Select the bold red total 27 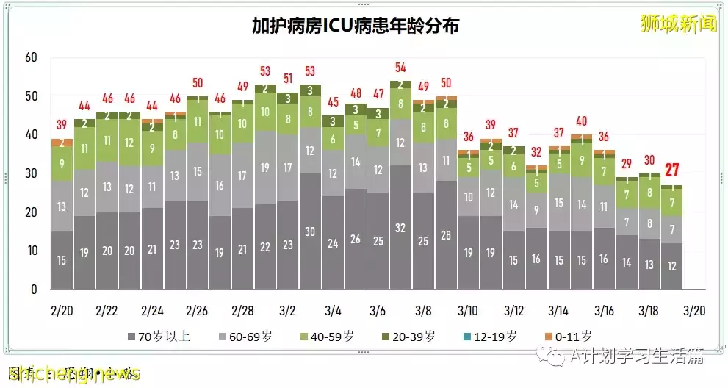click(x=671, y=170)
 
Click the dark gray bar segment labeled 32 click(x=401, y=228)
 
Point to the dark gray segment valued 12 click(x=671, y=265)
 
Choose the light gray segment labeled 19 click(x=265, y=168)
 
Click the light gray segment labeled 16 click(x=220, y=185)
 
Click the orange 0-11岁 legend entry click(x=569, y=337)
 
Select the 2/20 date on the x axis click(x=62, y=310)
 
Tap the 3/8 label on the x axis click(x=424, y=310)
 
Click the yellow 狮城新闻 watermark click(x=677, y=24)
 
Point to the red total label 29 click(x=627, y=163)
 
